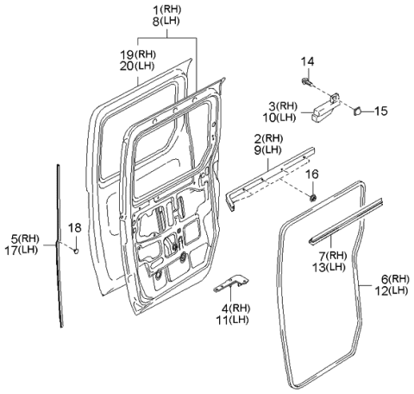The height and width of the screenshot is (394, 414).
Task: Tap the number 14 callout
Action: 308,61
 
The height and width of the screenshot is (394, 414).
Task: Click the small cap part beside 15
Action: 360,111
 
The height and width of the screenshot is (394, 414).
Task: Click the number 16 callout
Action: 313,174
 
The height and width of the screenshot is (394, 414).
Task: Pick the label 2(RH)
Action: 269,138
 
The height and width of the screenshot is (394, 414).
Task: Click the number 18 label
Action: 74,227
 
